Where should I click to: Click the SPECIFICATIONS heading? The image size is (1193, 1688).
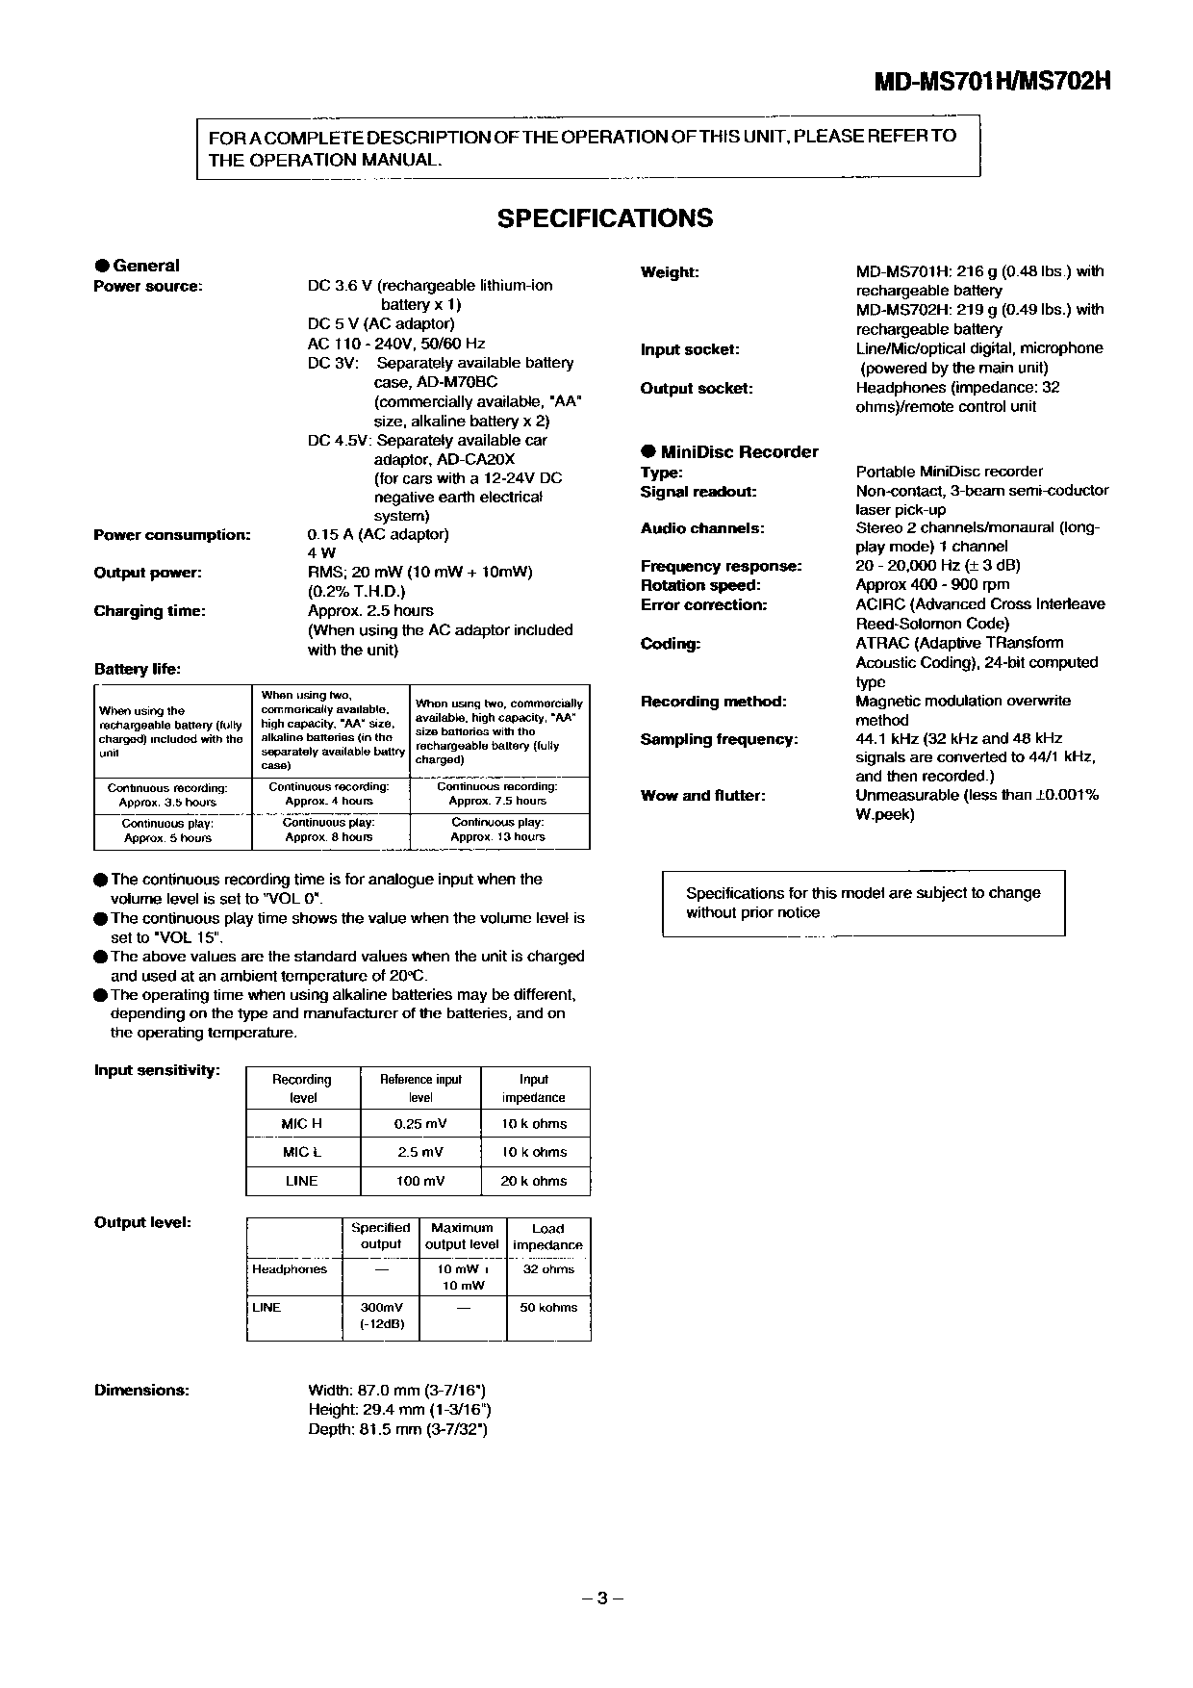pos(605,218)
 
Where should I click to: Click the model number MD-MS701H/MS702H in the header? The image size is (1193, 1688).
pos(992,82)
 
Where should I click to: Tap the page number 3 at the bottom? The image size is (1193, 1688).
pos(602,1598)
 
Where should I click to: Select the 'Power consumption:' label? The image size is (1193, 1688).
pos(172,535)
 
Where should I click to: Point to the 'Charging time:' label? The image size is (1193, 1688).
pos(149,611)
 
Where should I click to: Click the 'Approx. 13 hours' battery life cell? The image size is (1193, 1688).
pos(497,837)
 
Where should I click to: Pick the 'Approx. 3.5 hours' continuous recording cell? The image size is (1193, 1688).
pos(167,802)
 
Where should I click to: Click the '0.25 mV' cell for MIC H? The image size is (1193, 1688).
pos(420,1124)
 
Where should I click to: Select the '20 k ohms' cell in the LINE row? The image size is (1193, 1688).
pos(534,1181)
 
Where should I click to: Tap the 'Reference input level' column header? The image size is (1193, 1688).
pos(420,1088)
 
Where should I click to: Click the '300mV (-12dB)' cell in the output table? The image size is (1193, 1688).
pos(381,1317)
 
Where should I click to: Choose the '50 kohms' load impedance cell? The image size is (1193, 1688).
pos(548,1308)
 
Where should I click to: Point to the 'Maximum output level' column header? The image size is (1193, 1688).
pos(462,1236)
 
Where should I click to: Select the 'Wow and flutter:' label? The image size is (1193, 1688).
pos(703,796)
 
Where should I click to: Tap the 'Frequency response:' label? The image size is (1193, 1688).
pos(721,567)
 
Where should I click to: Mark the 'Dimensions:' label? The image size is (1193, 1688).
pos(141,1391)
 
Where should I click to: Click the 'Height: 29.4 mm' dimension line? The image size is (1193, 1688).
pos(399,1410)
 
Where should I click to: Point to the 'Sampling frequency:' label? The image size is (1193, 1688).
pos(719,740)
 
